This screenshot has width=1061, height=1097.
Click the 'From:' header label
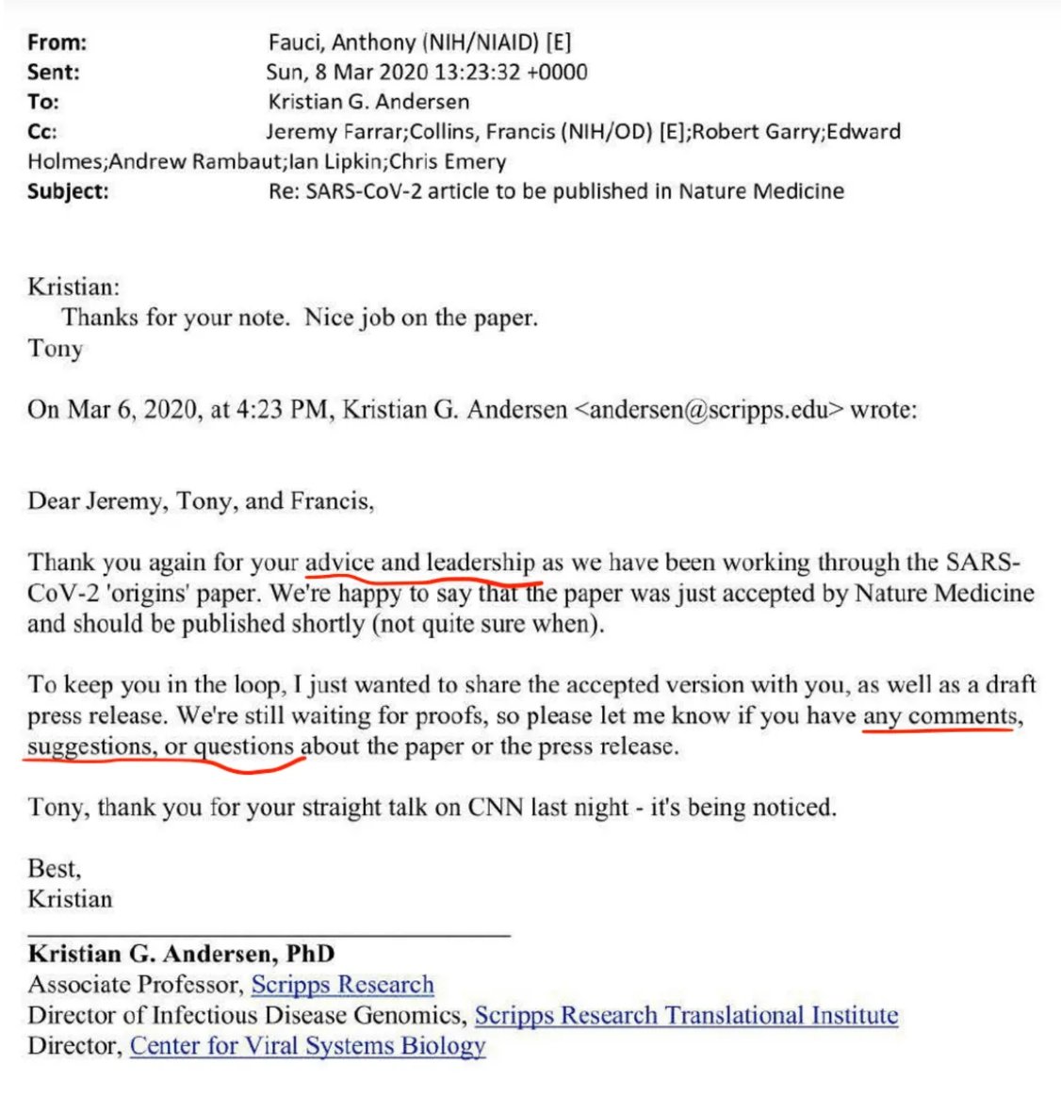(x=57, y=42)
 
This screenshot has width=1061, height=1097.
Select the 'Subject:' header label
(x=68, y=191)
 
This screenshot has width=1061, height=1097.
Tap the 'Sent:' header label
(x=54, y=72)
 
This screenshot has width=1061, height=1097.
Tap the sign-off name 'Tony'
(x=56, y=349)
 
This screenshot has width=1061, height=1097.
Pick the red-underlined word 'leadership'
(x=481, y=563)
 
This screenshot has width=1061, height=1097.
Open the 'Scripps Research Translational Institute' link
(x=686, y=1015)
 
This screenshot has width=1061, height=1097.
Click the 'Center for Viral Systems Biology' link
(x=307, y=1045)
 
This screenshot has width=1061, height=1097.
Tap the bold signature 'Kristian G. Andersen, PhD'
(x=181, y=954)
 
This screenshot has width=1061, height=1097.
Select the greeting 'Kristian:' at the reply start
(x=73, y=287)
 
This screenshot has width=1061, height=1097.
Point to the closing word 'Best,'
(x=55, y=868)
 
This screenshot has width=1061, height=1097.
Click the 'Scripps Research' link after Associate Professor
(x=342, y=985)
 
